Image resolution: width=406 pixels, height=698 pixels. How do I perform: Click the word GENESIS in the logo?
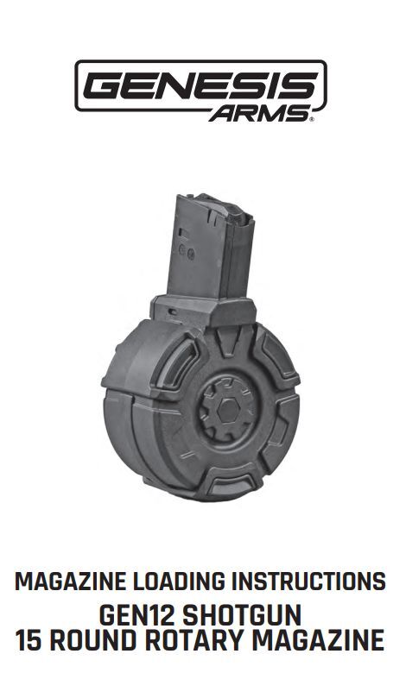click(200, 86)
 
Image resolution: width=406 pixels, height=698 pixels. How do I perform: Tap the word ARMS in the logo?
click(259, 114)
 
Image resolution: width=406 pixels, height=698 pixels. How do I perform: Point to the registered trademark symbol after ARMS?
click(312, 119)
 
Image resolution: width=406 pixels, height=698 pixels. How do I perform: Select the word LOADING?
click(178, 582)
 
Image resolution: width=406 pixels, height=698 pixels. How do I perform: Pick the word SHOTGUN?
click(242, 616)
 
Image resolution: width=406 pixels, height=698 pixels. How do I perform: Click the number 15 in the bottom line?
click(29, 640)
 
